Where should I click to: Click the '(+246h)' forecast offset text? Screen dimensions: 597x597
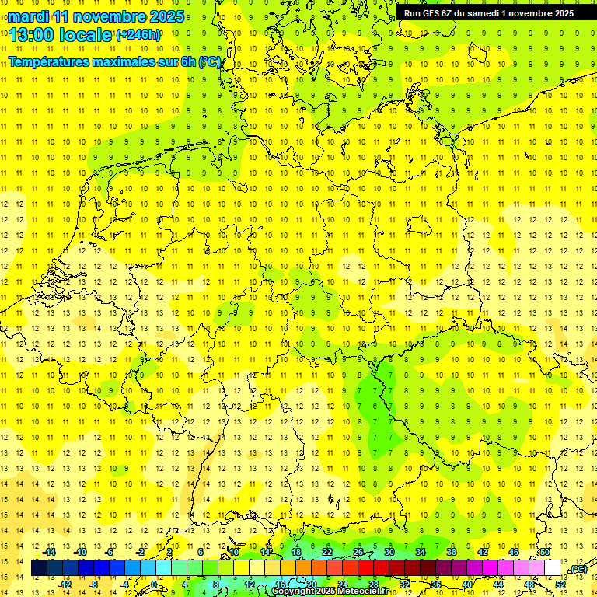click(138, 35)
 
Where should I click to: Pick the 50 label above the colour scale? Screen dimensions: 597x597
click(546, 551)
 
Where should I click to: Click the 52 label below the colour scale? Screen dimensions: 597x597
click(560, 585)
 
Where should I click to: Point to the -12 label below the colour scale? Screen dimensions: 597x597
click(65, 585)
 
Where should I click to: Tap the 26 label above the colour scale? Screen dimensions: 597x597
click(358, 551)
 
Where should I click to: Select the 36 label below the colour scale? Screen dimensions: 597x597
click(436, 585)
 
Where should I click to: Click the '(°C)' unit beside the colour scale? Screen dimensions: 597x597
click(578, 570)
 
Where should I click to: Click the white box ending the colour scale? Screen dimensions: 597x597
click(553, 568)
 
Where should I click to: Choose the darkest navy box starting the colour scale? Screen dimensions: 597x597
click(39, 568)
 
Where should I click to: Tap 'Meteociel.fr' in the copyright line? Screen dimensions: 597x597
click(361, 592)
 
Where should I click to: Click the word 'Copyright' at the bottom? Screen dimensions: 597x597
click(293, 592)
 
